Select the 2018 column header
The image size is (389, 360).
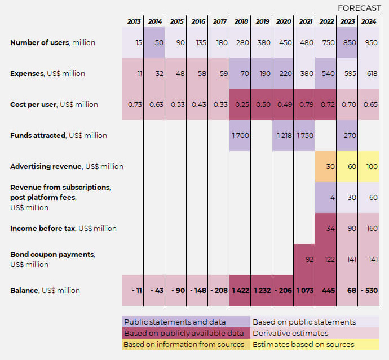click(241, 21)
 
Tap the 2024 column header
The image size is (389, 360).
click(369, 21)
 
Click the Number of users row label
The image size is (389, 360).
click(52, 43)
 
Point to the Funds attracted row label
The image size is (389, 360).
click(59, 135)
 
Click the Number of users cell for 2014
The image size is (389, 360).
click(154, 43)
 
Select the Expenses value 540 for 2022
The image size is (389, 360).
click(326, 73)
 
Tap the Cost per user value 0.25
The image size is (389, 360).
click(240, 104)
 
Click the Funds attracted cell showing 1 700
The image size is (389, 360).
click(240, 135)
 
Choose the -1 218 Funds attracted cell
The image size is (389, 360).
click(283, 135)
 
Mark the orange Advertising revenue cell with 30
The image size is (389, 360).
click(326, 166)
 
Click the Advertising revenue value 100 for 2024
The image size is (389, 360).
click(369, 166)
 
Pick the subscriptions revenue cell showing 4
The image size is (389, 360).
click(326, 197)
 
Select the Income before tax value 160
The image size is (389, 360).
click(369, 228)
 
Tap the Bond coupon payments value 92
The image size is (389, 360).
click(304, 259)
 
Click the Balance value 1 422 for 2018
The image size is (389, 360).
click(240, 290)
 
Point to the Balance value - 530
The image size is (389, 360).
click(369, 290)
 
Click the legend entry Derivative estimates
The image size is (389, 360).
click(290, 333)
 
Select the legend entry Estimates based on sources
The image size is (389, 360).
click(303, 344)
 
